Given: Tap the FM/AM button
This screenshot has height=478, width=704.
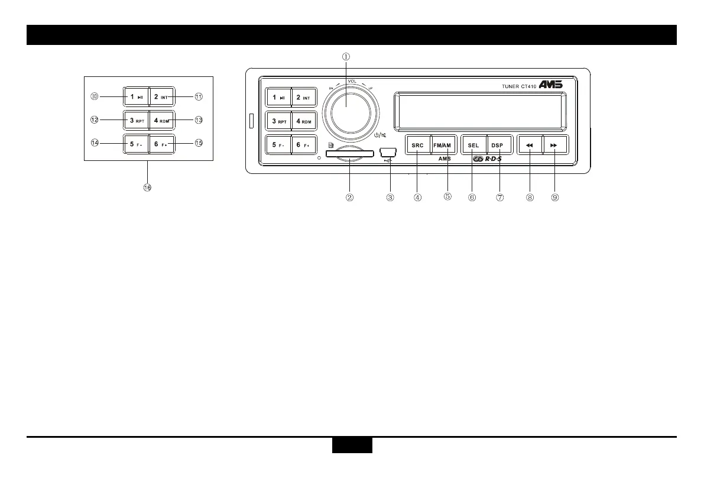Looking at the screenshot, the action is tap(445, 145).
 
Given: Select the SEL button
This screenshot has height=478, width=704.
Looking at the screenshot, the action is tap(473, 145).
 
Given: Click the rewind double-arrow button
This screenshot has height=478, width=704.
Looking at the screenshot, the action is tap(530, 145).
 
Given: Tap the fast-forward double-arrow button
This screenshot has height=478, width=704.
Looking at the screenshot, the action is tap(555, 145).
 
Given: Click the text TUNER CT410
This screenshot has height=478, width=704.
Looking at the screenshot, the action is tap(515, 86).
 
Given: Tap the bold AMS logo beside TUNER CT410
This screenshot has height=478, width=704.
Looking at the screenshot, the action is tap(550, 85).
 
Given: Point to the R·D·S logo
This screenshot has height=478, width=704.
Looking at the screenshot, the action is tap(488, 159).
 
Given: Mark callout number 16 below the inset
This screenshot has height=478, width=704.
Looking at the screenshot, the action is tap(147, 188).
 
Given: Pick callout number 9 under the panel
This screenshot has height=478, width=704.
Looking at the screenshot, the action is tap(555, 198).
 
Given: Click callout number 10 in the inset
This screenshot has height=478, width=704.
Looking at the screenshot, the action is tap(94, 96).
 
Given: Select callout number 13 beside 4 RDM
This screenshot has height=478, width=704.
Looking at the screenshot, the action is tap(199, 119).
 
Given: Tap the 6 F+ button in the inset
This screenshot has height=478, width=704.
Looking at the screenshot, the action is tap(161, 144).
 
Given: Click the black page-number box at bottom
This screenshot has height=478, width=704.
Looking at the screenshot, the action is tap(352, 445).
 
